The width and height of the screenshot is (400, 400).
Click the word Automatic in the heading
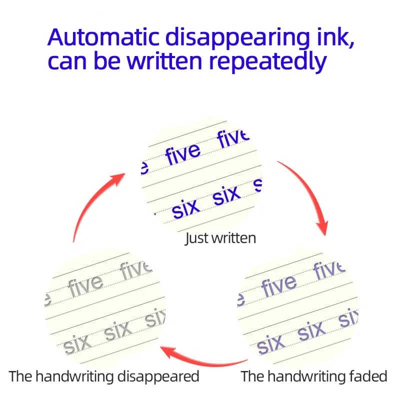point(103,37)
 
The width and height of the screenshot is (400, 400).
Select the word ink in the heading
point(335,37)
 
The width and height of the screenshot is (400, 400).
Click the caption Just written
point(220,238)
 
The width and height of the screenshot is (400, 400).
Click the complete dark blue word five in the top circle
point(182,153)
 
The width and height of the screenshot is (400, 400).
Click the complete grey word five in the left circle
point(85,286)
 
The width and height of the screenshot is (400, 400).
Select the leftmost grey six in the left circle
point(77,344)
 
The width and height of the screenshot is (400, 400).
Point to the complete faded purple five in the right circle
point(279,286)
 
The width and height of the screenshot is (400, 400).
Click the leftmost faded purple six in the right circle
point(270,344)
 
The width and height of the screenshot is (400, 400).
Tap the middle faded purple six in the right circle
point(311,330)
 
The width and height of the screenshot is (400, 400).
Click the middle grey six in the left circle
point(118,330)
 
